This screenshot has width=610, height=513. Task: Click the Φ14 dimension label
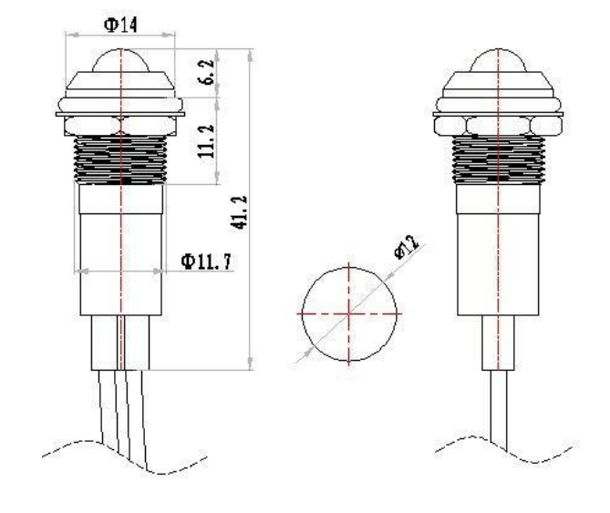tap(120, 26)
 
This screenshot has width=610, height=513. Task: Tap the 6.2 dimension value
tap(207, 71)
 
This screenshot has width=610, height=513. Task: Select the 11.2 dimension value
tap(207, 140)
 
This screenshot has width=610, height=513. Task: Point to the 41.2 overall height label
tap(239, 212)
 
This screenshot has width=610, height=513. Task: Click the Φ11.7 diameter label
tap(206, 262)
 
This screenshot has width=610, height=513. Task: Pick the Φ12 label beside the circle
tap(407, 247)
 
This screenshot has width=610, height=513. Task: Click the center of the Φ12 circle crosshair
tap(349, 313)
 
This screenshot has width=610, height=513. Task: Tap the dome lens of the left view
tap(120, 61)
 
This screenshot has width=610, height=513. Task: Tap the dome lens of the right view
tap(499, 61)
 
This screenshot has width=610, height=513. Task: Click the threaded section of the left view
tap(120, 159)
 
